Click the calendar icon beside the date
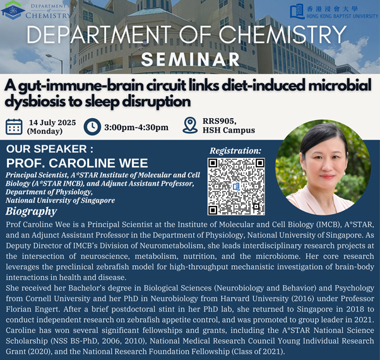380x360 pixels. (x=14, y=127)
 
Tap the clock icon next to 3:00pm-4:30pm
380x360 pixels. (x=92, y=127)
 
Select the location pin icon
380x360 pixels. (x=190, y=125)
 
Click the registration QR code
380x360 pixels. (x=236, y=186)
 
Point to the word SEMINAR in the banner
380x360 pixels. (x=191, y=59)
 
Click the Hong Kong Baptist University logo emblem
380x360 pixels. (x=297, y=11)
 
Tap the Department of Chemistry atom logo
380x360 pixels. (x=13, y=10)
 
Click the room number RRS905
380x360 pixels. (x=220, y=121)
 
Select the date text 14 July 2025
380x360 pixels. (x=52, y=123)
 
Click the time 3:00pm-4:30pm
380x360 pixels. (x=136, y=128)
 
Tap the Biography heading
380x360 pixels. (x=32, y=212)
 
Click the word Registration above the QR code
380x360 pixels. (x=235, y=151)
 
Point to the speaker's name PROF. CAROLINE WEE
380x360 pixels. (x=77, y=163)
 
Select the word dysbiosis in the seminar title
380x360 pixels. (x=35, y=102)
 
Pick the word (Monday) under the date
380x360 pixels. (x=45, y=131)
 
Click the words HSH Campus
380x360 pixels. (x=229, y=130)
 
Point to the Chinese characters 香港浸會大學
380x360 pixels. (x=332, y=9)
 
